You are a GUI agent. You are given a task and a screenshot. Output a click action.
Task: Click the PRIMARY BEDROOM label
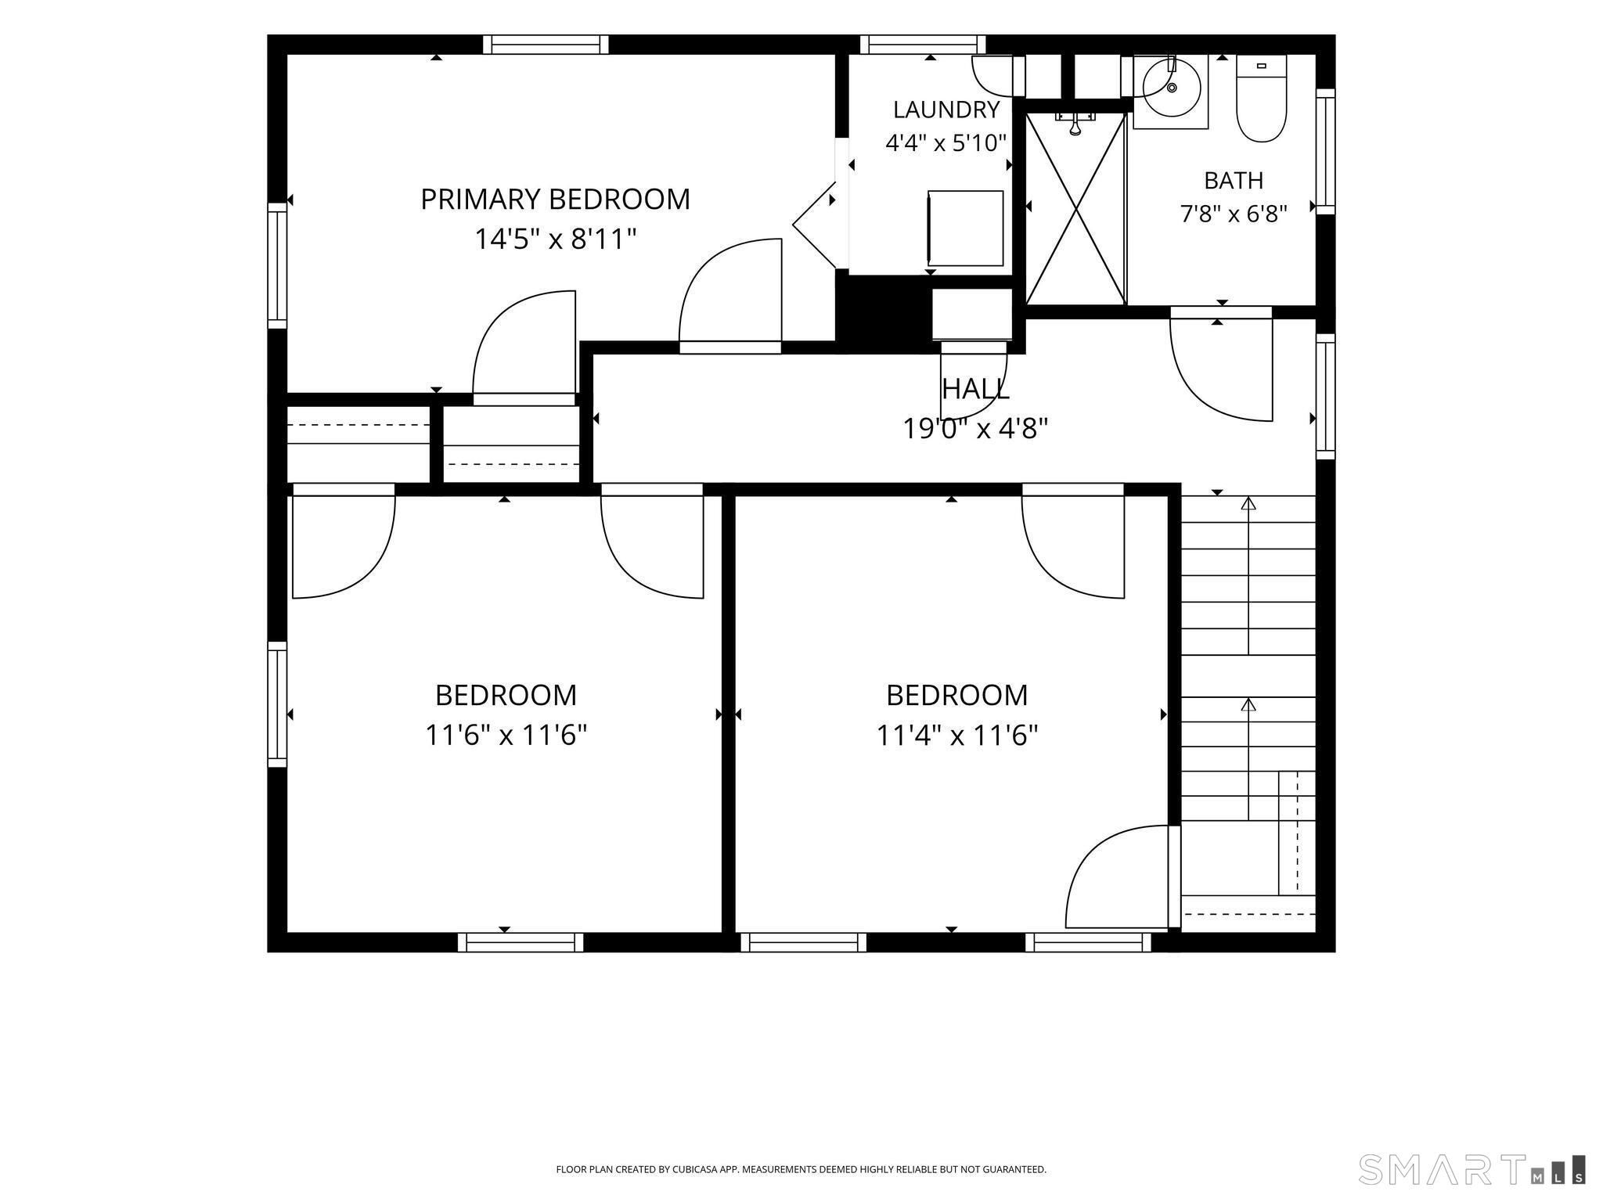pyautogui.click(x=555, y=200)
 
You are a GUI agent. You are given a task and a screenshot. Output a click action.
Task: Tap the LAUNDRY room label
pyautogui.click(x=946, y=110)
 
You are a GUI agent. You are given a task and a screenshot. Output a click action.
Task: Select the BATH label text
pyautogui.click(x=1234, y=181)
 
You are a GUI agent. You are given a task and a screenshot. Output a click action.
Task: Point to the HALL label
pyautogui.click(x=975, y=389)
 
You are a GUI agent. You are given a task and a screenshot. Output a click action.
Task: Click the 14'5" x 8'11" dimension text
pyautogui.click(x=555, y=239)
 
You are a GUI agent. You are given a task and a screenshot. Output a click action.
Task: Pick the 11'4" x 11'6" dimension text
pyautogui.click(x=956, y=736)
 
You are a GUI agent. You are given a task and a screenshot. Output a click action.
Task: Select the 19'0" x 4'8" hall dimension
pyautogui.click(x=975, y=429)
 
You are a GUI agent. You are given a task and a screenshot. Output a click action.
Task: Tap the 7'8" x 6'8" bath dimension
pyautogui.click(x=1234, y=214)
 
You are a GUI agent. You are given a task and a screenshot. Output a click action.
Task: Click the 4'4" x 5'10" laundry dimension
pyautogui.click(x=946, y=143)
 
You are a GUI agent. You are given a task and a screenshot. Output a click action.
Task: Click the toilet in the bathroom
pyautogui.click(x=1261, y=99)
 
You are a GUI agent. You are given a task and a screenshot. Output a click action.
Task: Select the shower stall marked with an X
pyautogui.click(x=1075, y=208)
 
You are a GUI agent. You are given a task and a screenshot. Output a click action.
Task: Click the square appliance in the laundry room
pyautogui.click(x=965, y=229)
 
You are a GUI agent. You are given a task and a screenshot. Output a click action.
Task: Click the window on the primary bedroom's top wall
pyautogui.click(x=546, y=45)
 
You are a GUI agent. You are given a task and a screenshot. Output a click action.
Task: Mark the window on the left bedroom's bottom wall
pyautogui.click(x=521, y=942)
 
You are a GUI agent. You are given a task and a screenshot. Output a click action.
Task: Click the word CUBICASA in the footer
pyautogui.click(x=690, y=1169)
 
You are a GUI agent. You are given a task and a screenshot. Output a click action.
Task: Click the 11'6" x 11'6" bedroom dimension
pyautogui.click(x=506, y=736)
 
